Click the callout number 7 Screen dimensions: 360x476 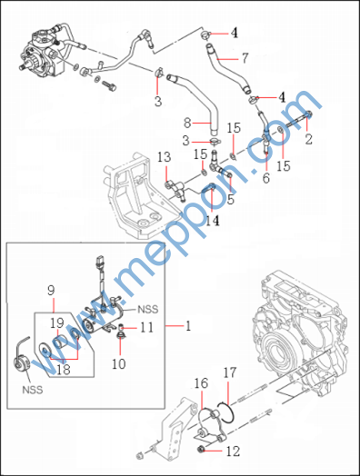[245, 57]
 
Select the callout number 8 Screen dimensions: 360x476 [188, 124]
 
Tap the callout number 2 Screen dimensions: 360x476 [308, 139]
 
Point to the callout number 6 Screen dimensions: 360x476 [266, 178]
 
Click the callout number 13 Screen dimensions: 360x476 [164, 157]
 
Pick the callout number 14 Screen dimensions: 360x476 [213, 221]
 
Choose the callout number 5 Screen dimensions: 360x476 [231, 199]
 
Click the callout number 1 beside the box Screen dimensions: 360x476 [188, 326]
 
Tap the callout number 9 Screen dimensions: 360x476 [51, 291]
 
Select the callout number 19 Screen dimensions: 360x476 [57, 323]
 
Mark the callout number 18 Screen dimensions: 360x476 [64, 370]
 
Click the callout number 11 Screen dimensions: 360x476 [146, 328]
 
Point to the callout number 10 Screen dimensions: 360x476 [118, 363]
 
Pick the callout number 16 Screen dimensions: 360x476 [201, 383]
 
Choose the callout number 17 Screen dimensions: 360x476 [230, 372]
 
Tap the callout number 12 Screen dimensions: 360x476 [233, 451]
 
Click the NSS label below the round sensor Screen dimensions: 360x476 [32, 390]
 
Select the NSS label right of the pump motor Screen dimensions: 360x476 [148, 309]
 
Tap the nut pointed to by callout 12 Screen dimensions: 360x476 [200, 448]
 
